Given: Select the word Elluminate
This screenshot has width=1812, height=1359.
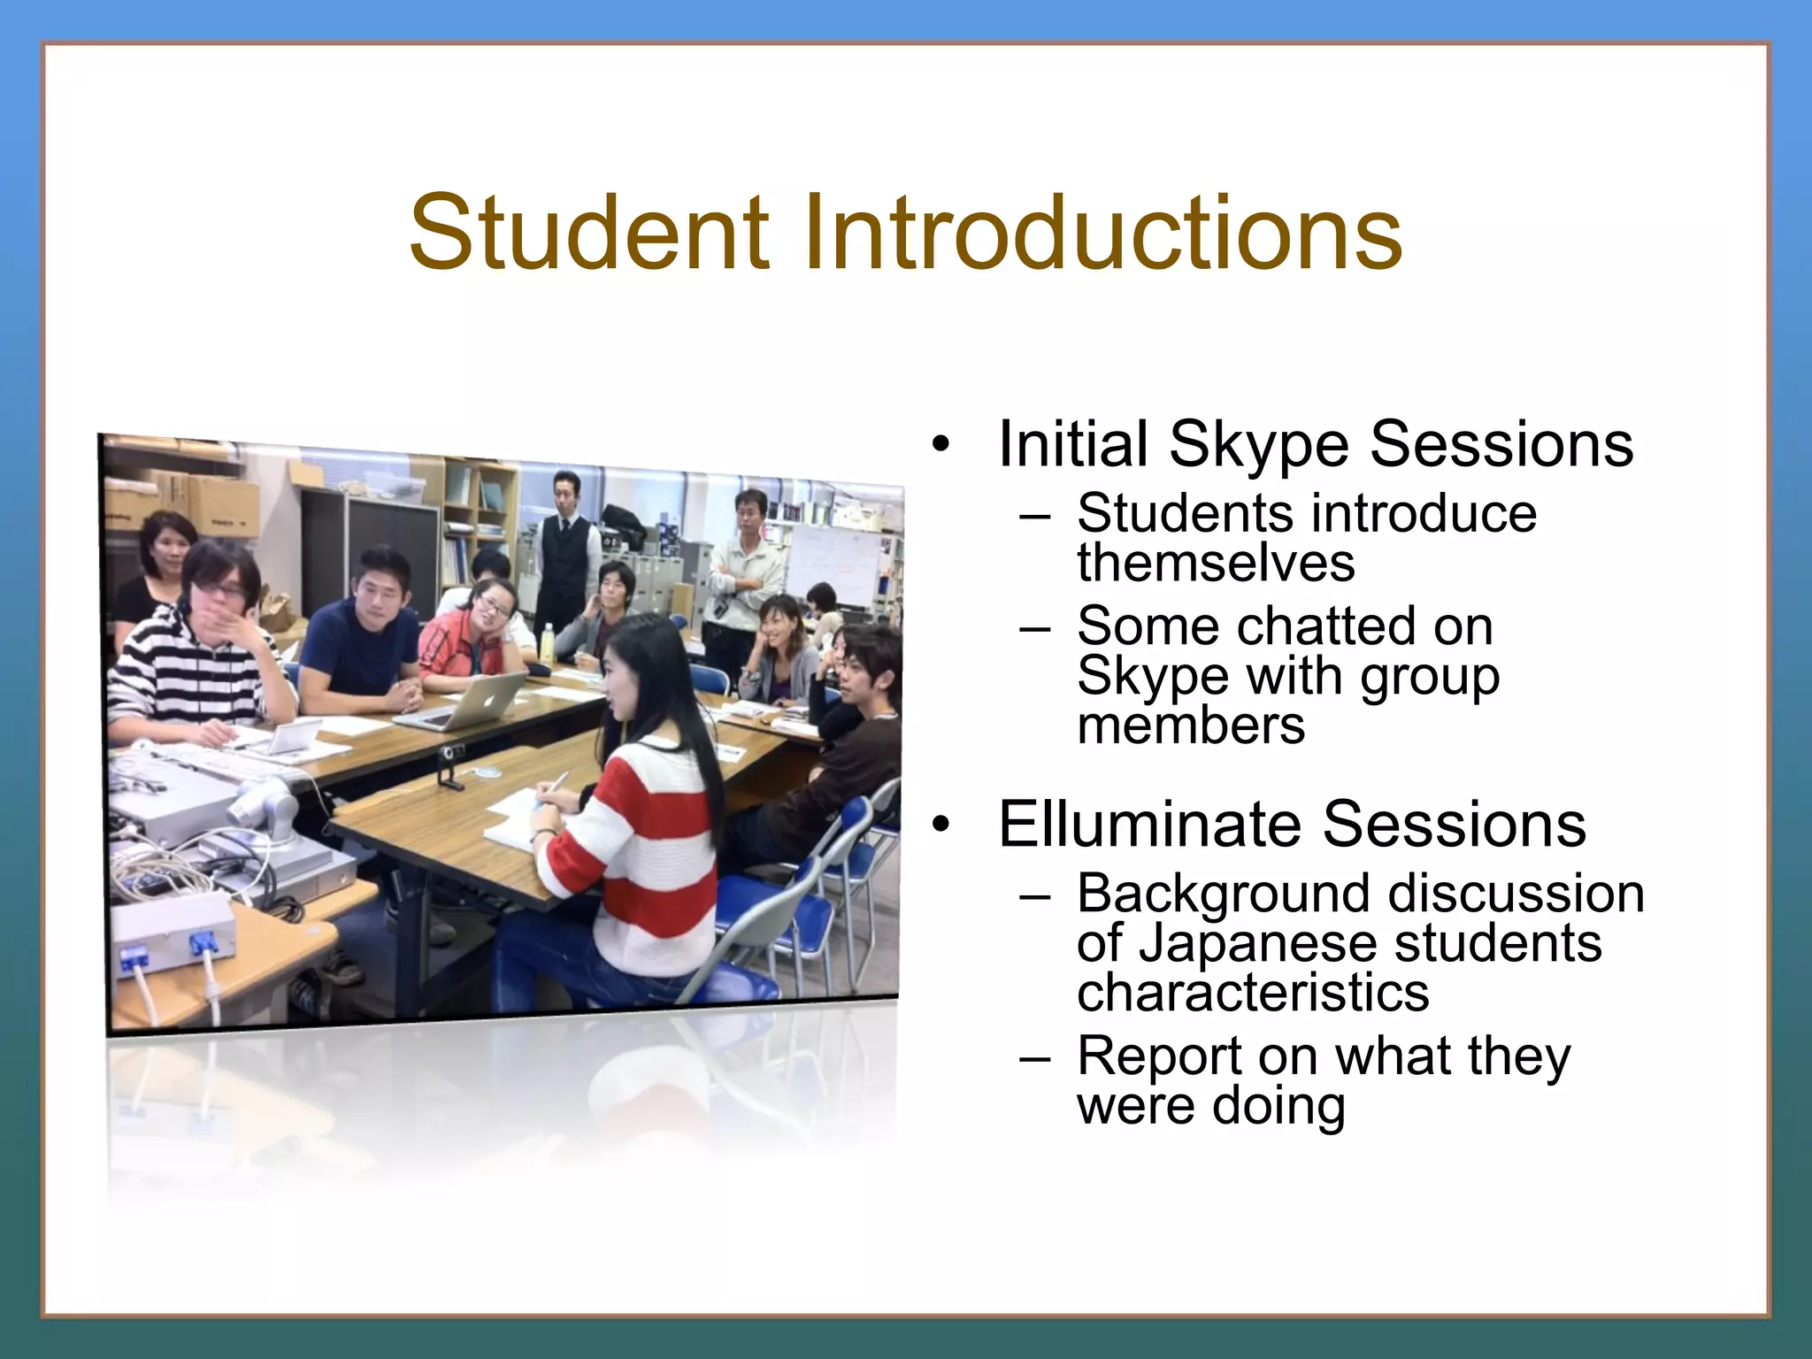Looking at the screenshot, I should point(1150,825).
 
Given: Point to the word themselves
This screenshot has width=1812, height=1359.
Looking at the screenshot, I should point(1216,563).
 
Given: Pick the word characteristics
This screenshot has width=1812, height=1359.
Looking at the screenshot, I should point(1253,993).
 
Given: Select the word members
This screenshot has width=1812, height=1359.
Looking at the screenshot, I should point(1191,726).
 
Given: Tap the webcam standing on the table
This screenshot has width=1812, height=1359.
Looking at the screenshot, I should point(449,765).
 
